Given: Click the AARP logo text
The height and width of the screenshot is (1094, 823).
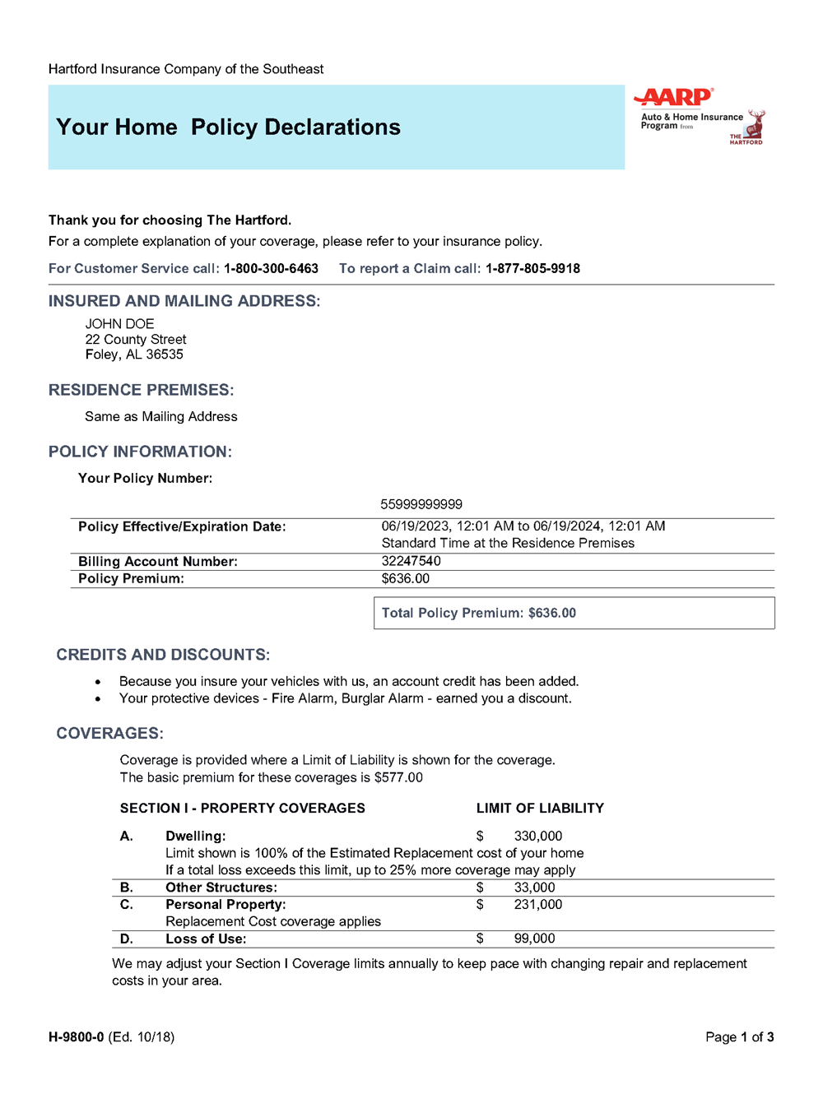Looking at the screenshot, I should pyautogui.click(x=674, y=98).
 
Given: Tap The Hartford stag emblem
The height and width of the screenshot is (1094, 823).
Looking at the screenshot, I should pyautogui.click(x=756, y=126).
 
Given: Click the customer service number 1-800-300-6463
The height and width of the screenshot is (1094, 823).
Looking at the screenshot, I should pyautogui.click(x=271, y=269).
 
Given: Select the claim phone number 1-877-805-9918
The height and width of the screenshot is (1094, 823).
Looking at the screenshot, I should pyautogui.click(x=532, y=269).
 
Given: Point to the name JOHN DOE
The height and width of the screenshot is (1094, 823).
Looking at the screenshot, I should pyautogui.click(x=120, y=324).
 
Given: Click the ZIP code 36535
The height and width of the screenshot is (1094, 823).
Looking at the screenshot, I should pyautogui.click(x=165, y=355).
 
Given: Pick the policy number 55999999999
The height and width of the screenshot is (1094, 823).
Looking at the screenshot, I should pyautogui.click(x=421, y=504).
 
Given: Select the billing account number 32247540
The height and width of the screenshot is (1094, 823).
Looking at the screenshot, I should pyautogui.click(x=411, y=561).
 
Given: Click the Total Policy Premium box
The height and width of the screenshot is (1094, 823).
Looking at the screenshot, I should pyautogui.click(x=574, y=613).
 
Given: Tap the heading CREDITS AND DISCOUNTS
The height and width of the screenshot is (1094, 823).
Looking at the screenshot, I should pyautogui.click(x=163, y=655).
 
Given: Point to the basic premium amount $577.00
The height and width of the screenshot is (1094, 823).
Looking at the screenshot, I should pyautogui.click(x=398, y=777).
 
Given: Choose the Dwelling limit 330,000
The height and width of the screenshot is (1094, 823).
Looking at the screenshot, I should pyautogui.click(x=538, y=836).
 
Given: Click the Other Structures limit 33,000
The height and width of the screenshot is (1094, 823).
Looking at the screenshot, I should pyautogui.click(x=535, y=888).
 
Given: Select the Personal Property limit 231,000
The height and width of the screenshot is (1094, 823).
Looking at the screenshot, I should pyautogui.click(x=538, y=905).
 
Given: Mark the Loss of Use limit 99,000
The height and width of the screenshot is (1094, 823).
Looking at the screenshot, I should pyautogui.click(x=535, y=939).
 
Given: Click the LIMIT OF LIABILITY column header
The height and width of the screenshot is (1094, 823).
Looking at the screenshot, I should pyautogui.click(x=540, y=809).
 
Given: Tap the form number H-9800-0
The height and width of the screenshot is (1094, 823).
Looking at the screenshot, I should pyautogui.click(x=77, y=1037).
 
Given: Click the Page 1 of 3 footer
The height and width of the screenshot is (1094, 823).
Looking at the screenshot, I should pyautogui.click(x=739, y=1037).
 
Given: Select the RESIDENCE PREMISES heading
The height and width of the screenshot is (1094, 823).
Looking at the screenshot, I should pyautogui.click(x=142, y=390).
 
